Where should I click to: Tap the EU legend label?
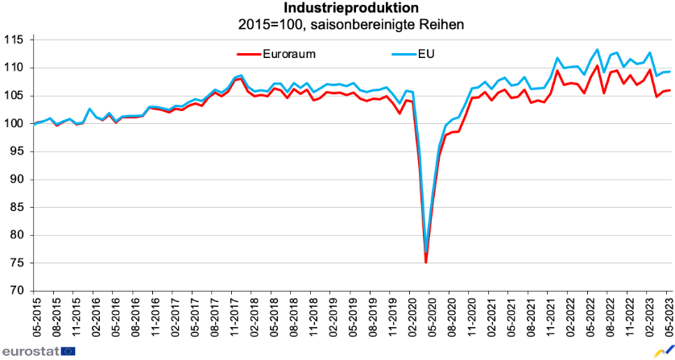tap(427, 54)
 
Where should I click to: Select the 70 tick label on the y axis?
tap(18, 291)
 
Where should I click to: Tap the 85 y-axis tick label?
tap(18, 207)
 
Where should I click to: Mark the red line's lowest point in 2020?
tap(425, 263)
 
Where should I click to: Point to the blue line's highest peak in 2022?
tap(597, 49)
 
